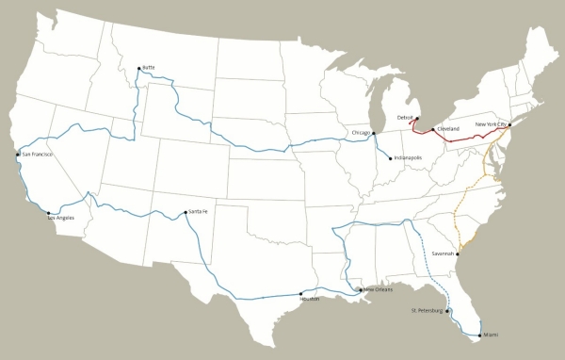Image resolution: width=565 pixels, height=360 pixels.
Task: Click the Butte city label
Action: click(x=148, y=67)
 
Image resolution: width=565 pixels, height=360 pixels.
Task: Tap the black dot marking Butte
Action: click(x=138, y=68)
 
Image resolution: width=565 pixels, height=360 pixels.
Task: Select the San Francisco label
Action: click(x=37, y=154)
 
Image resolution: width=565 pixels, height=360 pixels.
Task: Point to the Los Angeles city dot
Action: click(x=49, y=213)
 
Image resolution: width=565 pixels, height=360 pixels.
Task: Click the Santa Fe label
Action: click(x=199, y=211)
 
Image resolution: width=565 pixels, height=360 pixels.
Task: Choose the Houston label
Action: click(x=310, y=299)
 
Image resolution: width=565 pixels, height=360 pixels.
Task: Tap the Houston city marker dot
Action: click(x=300, y=293)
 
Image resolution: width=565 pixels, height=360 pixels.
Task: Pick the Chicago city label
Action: click(x=362, y=133)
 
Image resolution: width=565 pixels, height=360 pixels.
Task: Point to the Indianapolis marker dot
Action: click(x=390, y=157)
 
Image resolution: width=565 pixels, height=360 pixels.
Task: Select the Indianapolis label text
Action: click(x=409, y=157)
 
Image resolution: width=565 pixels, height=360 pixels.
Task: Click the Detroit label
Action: click(x=406, y=118)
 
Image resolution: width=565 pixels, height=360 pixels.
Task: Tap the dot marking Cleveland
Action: click(x=432, y=129)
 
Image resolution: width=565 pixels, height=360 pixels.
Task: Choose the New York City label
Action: click(x=492, y=124)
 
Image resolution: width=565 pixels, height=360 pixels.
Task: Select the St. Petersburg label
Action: click(x=427, y=309)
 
